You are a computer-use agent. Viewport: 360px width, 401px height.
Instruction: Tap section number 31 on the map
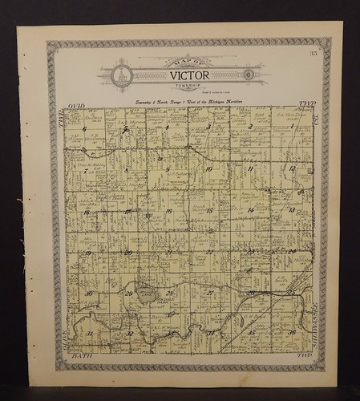[89, 334]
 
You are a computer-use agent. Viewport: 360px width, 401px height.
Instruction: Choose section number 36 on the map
[293, 333]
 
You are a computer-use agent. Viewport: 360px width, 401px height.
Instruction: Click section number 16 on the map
[168, 212]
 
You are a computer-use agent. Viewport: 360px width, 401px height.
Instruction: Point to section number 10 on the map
[208, 169]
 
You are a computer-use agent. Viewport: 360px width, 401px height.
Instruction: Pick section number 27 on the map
[209, 294]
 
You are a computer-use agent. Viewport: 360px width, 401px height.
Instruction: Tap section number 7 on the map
[85, 170]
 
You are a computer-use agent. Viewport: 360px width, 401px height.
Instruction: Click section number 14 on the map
[251, 211]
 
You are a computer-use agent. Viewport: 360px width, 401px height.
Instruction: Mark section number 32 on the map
[130, 334]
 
